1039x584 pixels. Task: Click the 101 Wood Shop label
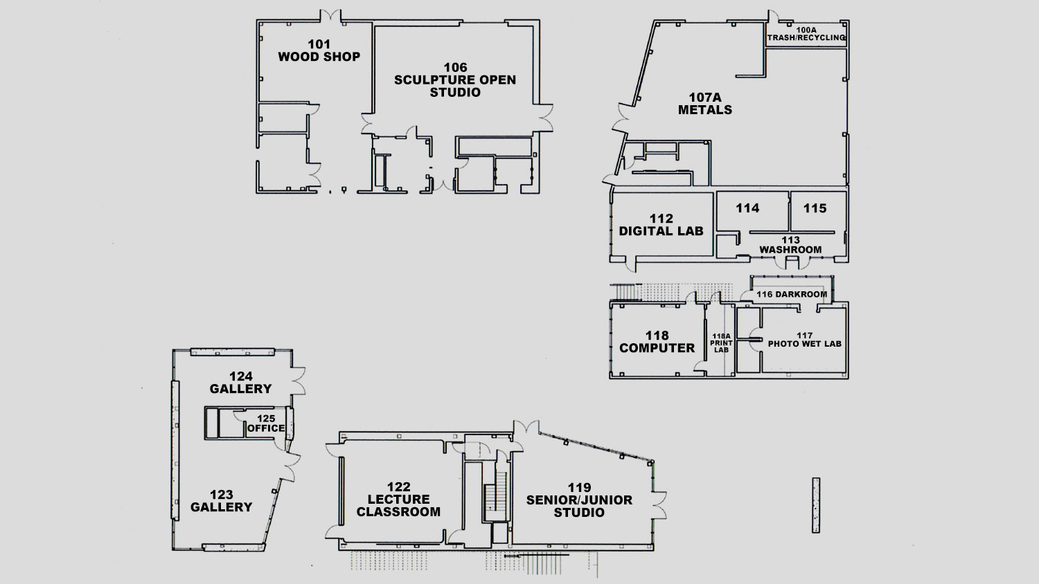click(319, 51)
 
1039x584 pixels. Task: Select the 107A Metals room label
click(705, 103)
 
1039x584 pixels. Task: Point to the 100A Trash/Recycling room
click(806, 35)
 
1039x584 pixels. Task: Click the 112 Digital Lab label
click(661, 225)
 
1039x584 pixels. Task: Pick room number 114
click(747, 208)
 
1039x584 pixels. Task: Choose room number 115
click(815, 208)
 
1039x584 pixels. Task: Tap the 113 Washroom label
click(790, 245)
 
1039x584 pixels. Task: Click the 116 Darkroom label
click(792, 294)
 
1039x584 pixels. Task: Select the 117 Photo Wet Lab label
click(805, 340)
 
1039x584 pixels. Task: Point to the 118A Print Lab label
click(721, 343)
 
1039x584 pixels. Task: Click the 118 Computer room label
click(657, 342)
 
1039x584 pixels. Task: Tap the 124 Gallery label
click(241, 383)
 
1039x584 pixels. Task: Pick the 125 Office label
click(266, 423)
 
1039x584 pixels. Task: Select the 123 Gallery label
click(221, 501)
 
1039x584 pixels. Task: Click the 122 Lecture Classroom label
click(398, 499)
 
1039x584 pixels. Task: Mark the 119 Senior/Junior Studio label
click(579, 500)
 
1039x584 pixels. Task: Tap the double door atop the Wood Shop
click(330, 15)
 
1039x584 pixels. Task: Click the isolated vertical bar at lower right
click(816, 506)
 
